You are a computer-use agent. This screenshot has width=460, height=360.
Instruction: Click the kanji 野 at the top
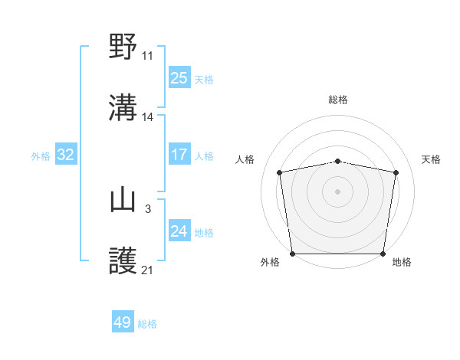click(x=123, y=47)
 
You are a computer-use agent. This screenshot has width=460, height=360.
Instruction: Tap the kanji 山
click(x=123, y=201)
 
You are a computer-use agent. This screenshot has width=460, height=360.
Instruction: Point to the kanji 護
click(x=123, y=262)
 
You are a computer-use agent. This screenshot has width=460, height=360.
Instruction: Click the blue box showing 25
click(x=179, y=77)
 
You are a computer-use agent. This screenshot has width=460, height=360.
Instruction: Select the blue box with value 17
click(x=179, y=155)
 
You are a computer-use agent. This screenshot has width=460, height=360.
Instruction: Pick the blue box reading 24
click(x=179, y=231)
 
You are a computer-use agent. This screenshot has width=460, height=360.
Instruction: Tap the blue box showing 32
click(x=65, y=155)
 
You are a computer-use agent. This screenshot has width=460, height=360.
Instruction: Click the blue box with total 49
click(x=123, y=322)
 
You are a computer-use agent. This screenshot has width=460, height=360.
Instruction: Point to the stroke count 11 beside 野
click(x=147, y=56)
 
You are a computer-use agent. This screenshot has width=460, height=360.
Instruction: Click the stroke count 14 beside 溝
click(x=147, y=117)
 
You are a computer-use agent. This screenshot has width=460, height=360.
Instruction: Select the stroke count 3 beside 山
click(x=147, y=209)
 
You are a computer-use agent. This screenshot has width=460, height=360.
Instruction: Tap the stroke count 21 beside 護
click(x=147, y=270)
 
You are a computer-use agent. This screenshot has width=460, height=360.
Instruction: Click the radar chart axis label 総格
click(x=338, y=100)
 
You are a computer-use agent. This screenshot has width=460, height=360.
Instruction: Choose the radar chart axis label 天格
click(x=431, y=159)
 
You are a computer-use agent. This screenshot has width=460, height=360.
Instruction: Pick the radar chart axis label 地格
click(x=402, y=262)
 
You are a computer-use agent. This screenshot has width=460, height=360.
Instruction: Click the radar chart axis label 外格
click(x=270, y=262)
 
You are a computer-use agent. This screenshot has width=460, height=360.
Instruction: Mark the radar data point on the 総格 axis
click(x=338, y=161)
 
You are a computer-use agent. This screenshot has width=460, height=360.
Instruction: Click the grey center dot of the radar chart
click(x=338, y=191)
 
